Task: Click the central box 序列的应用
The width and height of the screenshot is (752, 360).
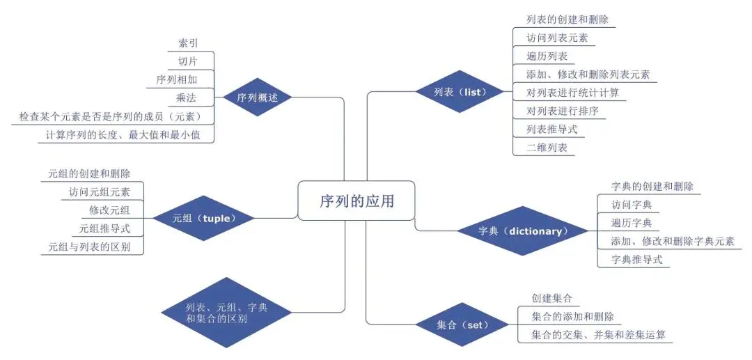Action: click(x=356, y=201)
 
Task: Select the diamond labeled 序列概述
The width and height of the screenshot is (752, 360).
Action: click(x=258, y=98)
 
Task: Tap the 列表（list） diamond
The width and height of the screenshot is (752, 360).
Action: click(x=459, y=92)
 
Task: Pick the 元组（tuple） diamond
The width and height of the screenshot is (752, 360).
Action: click(x=204, y=218)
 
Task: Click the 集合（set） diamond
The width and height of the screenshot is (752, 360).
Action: click(x=463, y=325)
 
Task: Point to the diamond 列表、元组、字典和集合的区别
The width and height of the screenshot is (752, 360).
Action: click(x=226, y=313)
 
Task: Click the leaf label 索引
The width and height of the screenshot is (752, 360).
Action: click(x=188, y=43)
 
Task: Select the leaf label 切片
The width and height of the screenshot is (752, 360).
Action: click(x=188, y=61)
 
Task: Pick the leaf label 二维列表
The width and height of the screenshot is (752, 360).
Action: click(x=547, y=148)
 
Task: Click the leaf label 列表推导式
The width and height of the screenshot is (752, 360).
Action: click(x=552, y=130)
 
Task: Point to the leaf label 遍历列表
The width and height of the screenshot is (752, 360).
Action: click(x=547, y=56)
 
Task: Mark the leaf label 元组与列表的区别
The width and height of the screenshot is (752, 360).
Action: click(x=95, y=246)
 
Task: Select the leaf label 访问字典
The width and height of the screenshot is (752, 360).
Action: click(x=631, y=205)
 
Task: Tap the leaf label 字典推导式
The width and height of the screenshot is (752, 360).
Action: click(x=636, y=260)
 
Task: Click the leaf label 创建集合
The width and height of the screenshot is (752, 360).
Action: click(x=551, y=298)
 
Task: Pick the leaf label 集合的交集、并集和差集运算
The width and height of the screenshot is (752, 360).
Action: click(x=597, y=335)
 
